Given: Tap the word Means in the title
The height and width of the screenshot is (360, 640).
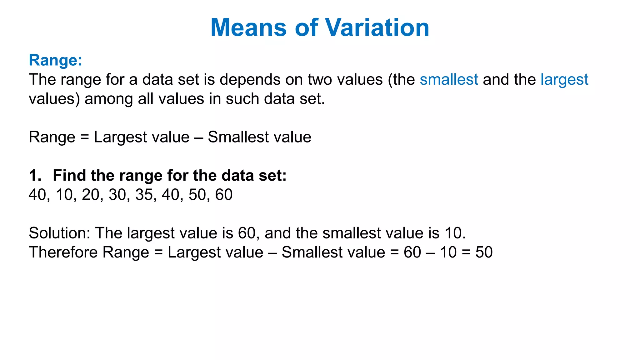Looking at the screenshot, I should (x=248, y=28).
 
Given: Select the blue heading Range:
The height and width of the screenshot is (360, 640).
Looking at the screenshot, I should (x=55, y=60).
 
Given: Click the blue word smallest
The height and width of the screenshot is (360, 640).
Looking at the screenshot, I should (x=449, y=79).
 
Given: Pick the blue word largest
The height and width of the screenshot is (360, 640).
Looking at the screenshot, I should (x=564, y=80).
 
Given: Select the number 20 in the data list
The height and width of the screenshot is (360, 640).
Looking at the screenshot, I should (x=90, y=195).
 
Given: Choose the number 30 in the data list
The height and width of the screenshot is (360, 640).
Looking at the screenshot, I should (x=117, y=195).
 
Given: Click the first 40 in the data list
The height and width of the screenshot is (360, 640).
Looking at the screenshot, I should (x=37, y=195).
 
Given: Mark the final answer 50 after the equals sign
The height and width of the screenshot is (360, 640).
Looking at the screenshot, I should (x=484, y=252).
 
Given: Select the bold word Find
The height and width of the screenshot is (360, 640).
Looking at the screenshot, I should (x=70, y=175).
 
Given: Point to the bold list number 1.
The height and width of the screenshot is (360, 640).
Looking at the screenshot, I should (x=34, y=175).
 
